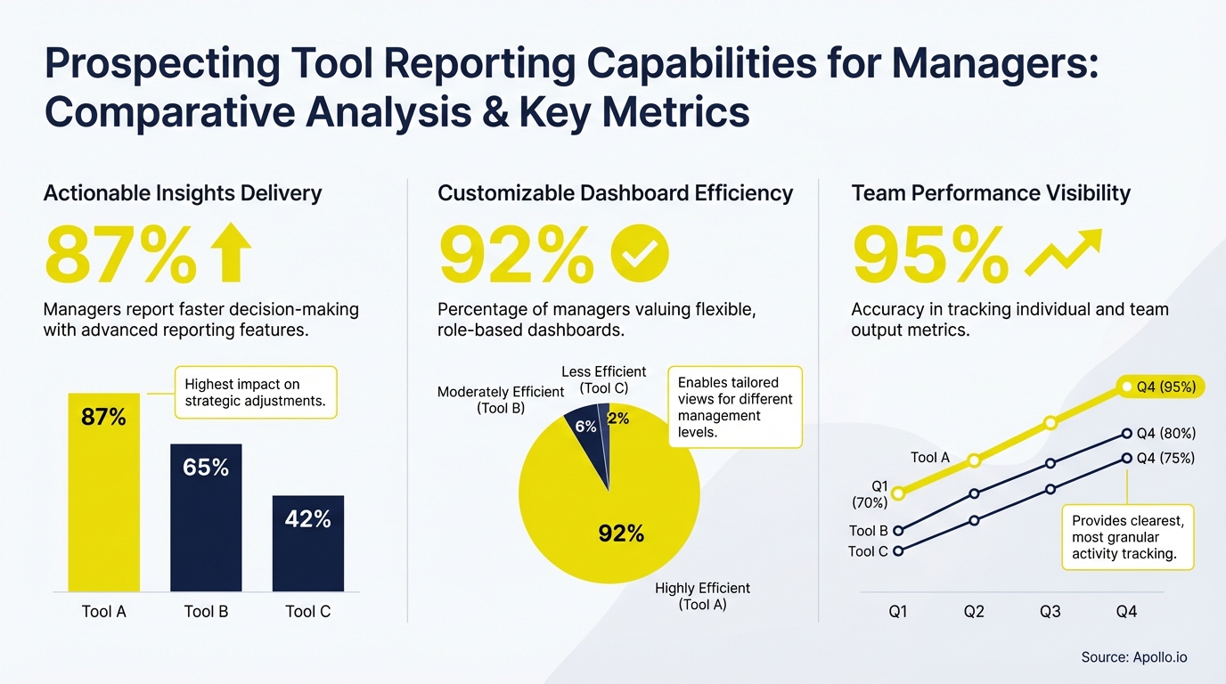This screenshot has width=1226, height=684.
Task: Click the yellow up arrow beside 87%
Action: click(231, 254)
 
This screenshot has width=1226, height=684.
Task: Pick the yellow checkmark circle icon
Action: click(639, 254)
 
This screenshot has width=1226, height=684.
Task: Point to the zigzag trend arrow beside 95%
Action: click(1063, 253)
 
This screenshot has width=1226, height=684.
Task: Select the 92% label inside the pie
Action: click(621, 533)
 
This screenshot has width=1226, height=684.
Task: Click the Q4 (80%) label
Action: click(1165, 434)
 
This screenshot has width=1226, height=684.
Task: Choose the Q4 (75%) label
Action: click(1165, 459)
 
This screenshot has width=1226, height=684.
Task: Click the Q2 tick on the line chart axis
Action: click(974, 612)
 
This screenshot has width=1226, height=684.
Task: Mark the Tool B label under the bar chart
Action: click(206, 612)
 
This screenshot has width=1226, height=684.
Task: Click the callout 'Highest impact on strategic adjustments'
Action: click(255, 393)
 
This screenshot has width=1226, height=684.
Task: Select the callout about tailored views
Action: click(734, 407)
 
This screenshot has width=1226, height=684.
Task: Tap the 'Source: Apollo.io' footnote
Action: click(1133, 657)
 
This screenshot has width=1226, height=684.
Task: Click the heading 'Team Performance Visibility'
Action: click(990, 193)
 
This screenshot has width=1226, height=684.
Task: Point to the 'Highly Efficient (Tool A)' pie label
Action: click(702, 596)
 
